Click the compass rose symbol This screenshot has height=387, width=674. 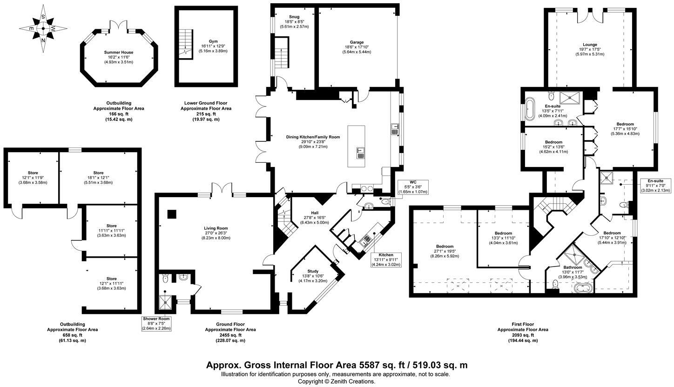43,28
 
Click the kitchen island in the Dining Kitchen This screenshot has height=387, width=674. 356,146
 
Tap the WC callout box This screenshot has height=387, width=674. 413,187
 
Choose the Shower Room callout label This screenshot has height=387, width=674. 156,324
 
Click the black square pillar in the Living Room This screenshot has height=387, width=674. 172,214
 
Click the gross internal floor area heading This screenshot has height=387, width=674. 337,365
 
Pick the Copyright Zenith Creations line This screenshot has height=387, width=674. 337,381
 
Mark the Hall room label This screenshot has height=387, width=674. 315,213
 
